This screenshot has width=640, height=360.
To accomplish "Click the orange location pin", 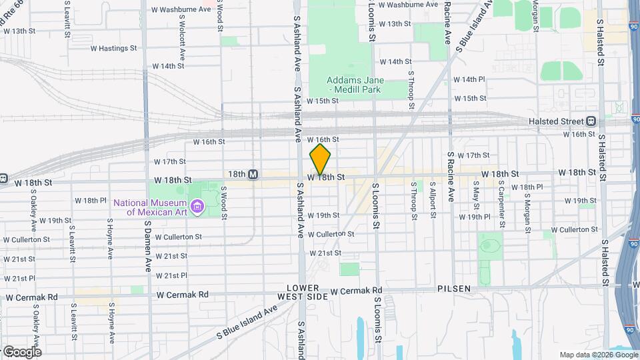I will pyautogui.click(x=320, y=159).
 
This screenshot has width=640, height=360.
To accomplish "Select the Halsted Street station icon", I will pyautogui.click(x=591, y=121).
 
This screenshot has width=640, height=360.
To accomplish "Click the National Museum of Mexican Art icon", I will pyautogui.click(x=197, y=207).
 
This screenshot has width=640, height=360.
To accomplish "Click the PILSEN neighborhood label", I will pyautogui.click(x=455, y=289).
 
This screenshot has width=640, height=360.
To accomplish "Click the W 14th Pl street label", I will pyautogui.click(x=469, y=79).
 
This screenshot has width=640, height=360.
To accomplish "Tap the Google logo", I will pyautogui.click(x=22, y=351).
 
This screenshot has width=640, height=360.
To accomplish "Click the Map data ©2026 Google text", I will pyautogui.click(x=597, y=355).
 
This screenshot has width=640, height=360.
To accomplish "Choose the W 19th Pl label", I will pyautogui.click(x=475, y=217).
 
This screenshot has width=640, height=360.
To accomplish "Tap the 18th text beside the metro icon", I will pyautogui.click(x=237, y=174).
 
